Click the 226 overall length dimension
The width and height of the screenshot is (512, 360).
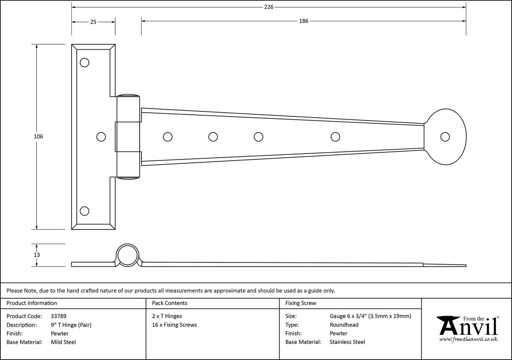[269, 7]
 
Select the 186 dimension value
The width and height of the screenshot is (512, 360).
[304, 21]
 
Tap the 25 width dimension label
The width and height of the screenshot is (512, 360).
[93, 22]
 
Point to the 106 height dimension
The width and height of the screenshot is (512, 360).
[38, 137]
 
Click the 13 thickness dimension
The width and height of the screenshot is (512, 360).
[37, 255]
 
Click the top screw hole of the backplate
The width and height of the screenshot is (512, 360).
[84, 62]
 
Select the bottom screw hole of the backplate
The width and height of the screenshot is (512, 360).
[84, 211]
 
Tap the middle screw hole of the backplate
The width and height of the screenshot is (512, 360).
[101, 137]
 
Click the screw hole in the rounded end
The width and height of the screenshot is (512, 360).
[445, 137]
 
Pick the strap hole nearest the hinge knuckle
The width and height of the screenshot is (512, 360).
[167, 137]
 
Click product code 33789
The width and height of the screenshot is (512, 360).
[58, 316]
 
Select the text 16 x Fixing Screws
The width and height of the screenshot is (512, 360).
[174, 325]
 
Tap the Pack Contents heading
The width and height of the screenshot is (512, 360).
[169, 303]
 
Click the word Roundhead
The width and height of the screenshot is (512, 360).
[344, 325]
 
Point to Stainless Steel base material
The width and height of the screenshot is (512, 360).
[347, 342]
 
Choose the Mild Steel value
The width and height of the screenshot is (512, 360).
[63, 342]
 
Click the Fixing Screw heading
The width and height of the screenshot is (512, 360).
[300, 303]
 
